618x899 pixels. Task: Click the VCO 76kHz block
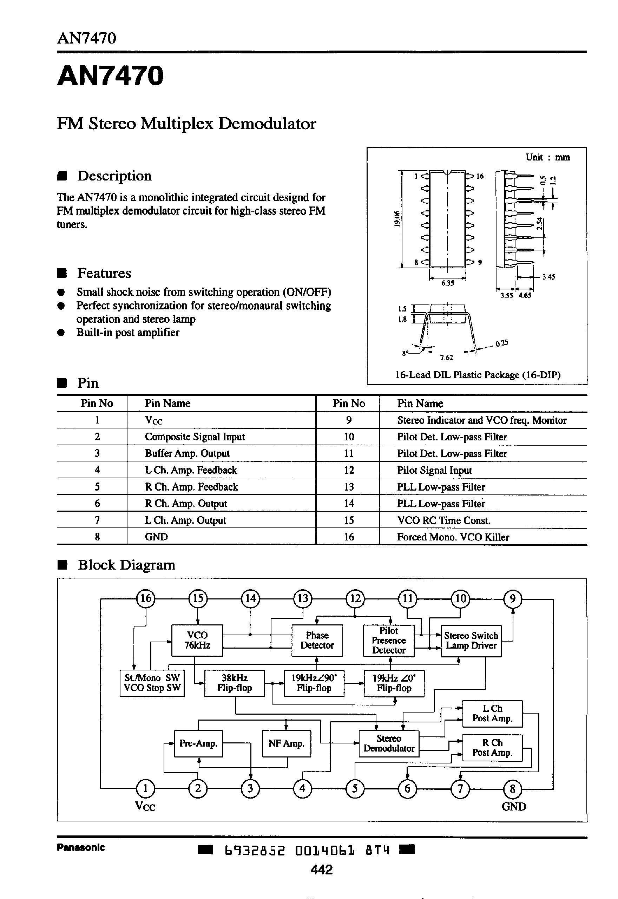click(197, 640)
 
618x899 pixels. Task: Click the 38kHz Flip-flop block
click(234, 683)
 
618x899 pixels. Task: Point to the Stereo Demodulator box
click(389, 743)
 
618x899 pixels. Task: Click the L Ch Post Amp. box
click(492, 713)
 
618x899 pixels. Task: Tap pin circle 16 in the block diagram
click(146, 598)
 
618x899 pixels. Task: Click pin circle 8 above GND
click(512, 788)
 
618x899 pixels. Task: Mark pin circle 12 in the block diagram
click(355, 598)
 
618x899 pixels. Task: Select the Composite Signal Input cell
click(195, 437)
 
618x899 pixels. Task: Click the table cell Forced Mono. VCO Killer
click(453, 537)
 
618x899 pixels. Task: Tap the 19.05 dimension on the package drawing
click(396, 218)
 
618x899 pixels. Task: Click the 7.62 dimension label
click(446, 358)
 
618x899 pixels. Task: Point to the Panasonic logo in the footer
click(80, 847)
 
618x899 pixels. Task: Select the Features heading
click(104, 273)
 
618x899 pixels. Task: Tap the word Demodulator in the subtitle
click(267, 124)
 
